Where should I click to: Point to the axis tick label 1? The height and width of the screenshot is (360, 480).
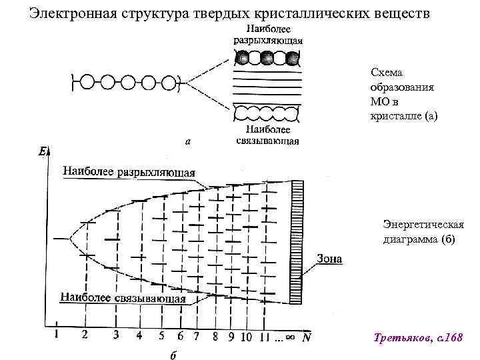pyautogui.click(x=57, y=335)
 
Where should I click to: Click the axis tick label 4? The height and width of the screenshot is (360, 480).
pyautogui.click(x=139, y=335)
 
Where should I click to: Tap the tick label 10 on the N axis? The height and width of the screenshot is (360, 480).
pyautogui.click(x=246, y=336)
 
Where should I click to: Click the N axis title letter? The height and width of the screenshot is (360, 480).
pyautogui.click(x=306, y=337)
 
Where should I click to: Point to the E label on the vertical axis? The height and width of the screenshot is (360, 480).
pyautogui.click(x=42, y=153)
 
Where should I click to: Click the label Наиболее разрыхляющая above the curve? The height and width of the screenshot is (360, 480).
pyautogui.click(x=129, y=171)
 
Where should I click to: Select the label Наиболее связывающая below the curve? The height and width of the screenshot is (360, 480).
pyautogui.click(x=123, y=299)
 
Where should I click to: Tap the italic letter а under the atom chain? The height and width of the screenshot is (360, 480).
pyautogui.click(x=189, y=141)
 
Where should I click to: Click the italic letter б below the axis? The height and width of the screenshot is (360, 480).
pyautogui.click(x=172, y=355)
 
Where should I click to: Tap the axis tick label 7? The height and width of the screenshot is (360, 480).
pyautogui.click(x=196, y=336)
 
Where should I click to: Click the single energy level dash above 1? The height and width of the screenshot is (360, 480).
pyautogui.click(x=62, y=238)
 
